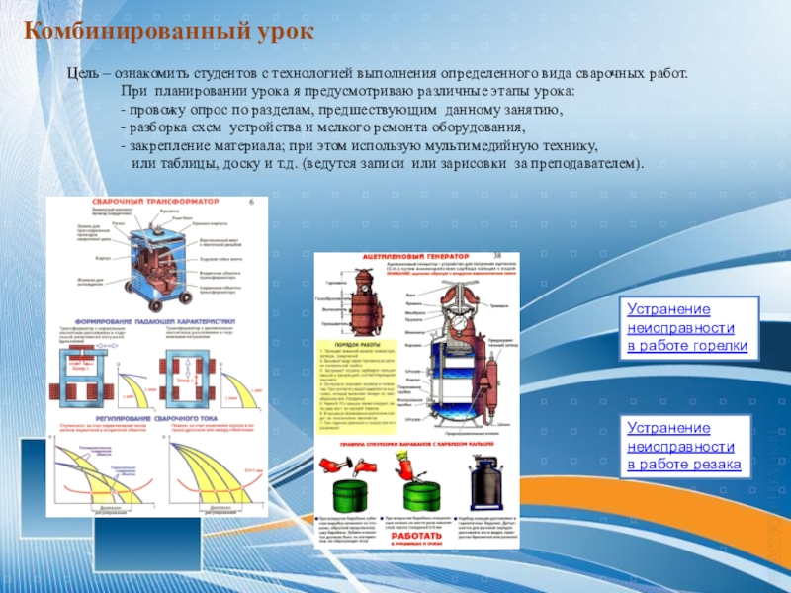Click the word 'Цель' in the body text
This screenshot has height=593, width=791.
pos(83,74)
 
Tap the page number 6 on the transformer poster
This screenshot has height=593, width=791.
pos(251,202)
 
